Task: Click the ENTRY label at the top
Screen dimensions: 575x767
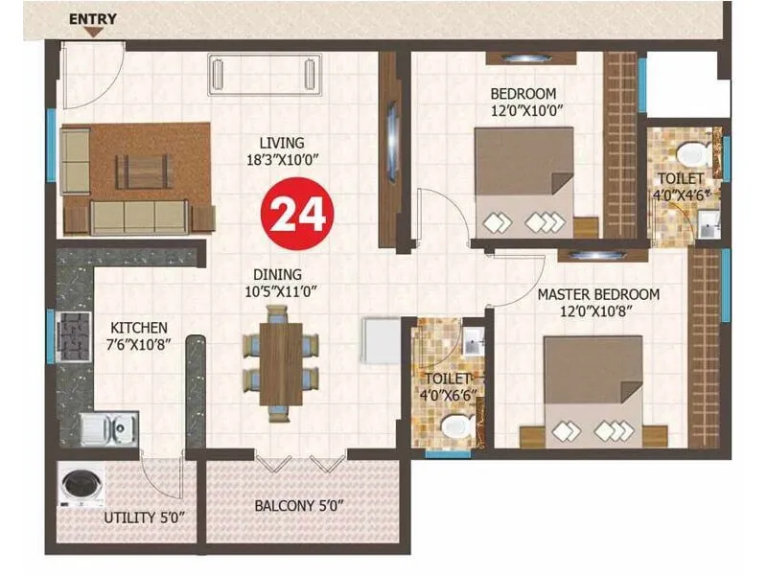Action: point(93,18)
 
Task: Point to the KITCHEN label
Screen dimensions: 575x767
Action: point(138,327)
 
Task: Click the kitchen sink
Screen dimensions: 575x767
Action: point(108,427)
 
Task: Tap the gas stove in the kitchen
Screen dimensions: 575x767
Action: point(72,337)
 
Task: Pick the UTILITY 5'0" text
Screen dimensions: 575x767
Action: point(143,518)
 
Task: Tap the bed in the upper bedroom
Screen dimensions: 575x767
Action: point(524,182)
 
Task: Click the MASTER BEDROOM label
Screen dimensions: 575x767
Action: point(597,294)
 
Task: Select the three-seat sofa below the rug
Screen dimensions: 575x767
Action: point(138,217)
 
